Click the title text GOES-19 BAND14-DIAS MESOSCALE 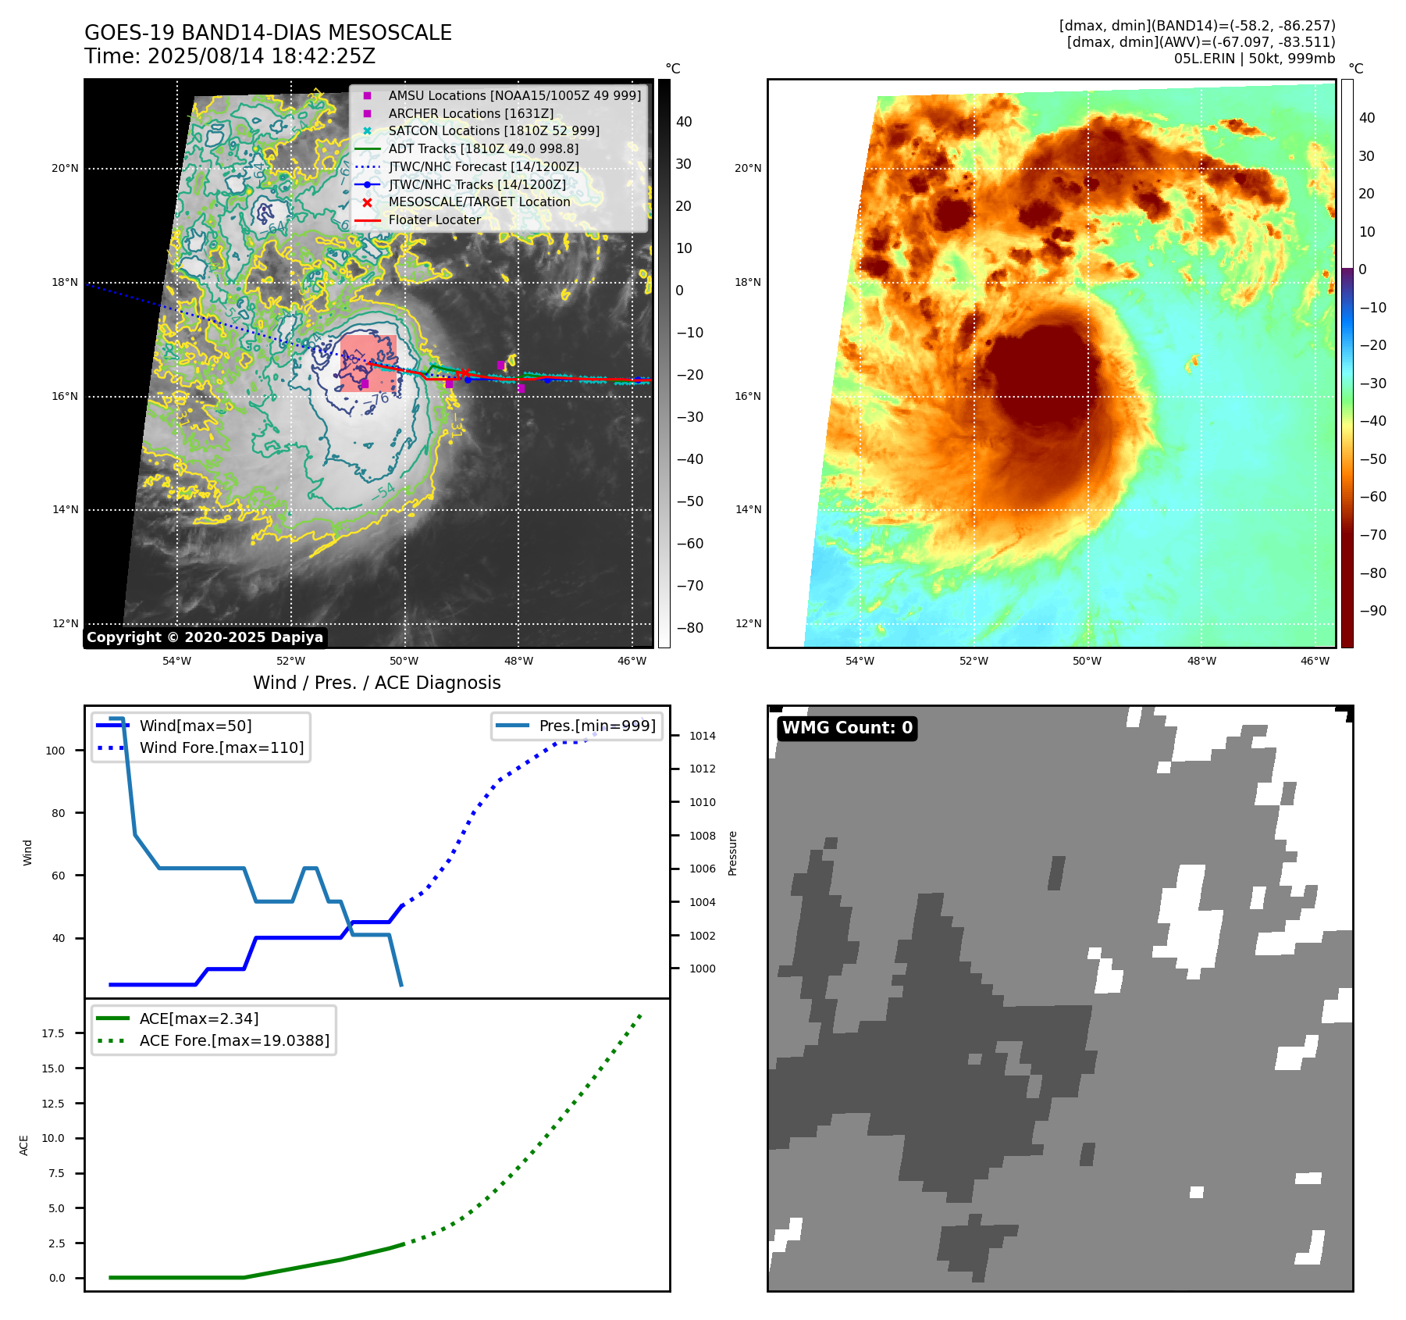268,33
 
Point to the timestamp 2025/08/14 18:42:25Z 262,56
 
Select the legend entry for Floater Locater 434,220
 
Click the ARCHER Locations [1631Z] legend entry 471,113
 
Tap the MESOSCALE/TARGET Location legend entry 479,202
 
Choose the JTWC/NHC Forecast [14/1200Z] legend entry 483,167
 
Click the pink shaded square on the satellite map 368,363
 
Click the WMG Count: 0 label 847,728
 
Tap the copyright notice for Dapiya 205,637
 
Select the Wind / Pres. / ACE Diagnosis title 376,683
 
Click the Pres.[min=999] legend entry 596,726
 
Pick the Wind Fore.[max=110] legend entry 222,748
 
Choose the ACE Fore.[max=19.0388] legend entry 234,1041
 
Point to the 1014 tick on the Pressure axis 702,736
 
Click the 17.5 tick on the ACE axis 53,1033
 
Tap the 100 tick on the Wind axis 55,751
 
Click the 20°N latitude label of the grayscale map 65,169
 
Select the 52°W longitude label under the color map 974,662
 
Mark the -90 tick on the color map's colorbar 1372,611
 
